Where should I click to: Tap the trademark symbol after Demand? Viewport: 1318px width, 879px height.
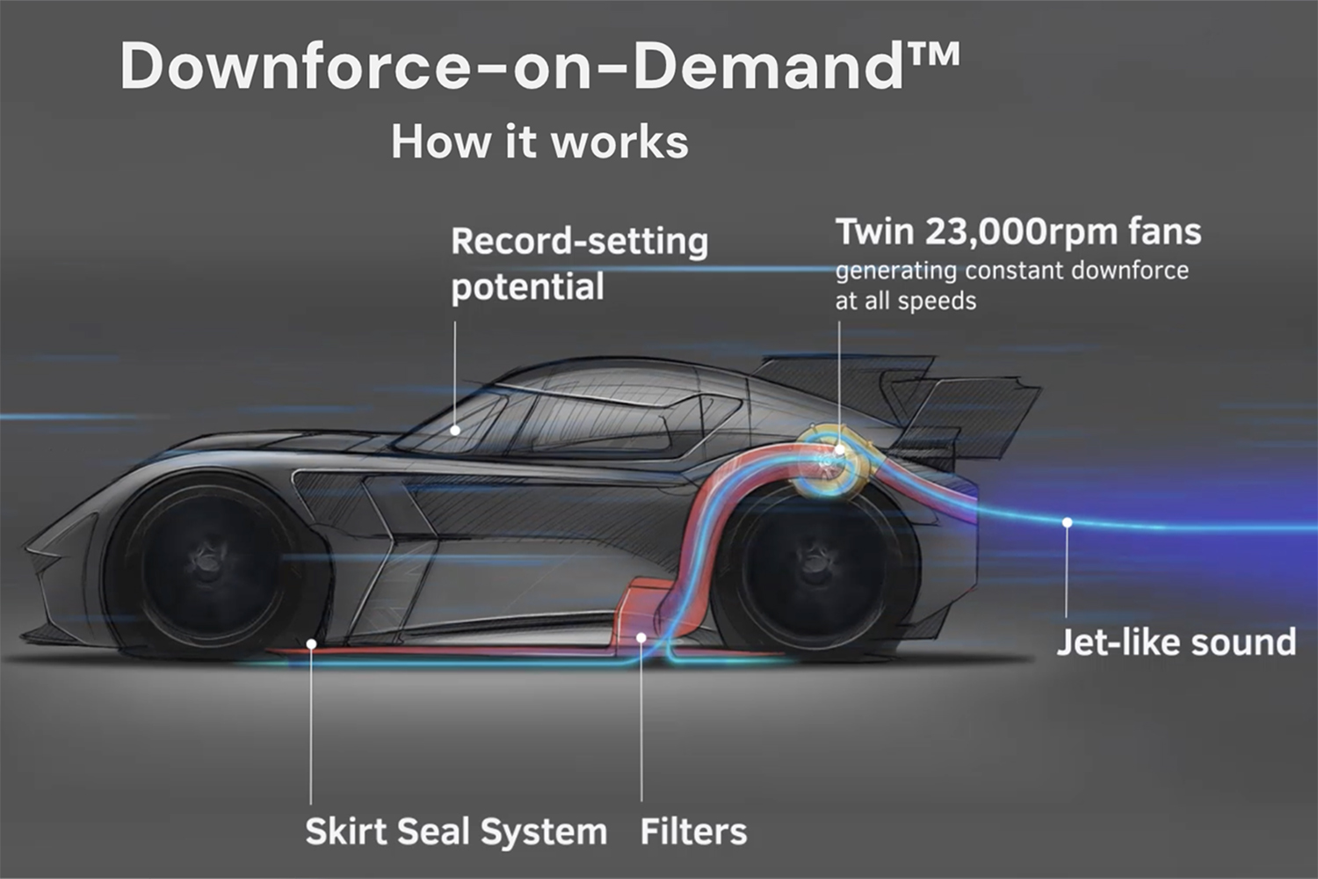click(934, 54)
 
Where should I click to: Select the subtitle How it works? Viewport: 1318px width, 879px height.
click(540, 142)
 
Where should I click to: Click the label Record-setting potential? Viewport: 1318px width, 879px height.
click(580, 264)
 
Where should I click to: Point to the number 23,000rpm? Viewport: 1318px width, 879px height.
click(1021, 231)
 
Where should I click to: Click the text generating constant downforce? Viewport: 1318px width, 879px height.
click(1012, 271)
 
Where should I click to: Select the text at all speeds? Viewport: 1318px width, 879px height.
click(906, 301)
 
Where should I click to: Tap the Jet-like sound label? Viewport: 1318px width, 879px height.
click(1177, 642)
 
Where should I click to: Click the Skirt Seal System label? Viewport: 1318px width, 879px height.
click(456, 832)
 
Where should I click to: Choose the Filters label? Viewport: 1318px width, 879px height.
click(693, 832)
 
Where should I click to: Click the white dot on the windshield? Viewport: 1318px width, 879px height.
click(455, 431)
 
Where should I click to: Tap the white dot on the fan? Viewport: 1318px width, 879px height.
click(840, 450)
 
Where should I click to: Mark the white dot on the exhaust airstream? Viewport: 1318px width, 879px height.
click(1067, 522)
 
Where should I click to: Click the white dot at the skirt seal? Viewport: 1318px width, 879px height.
click(311, 644)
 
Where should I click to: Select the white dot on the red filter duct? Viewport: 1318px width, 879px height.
click(641, 637)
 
